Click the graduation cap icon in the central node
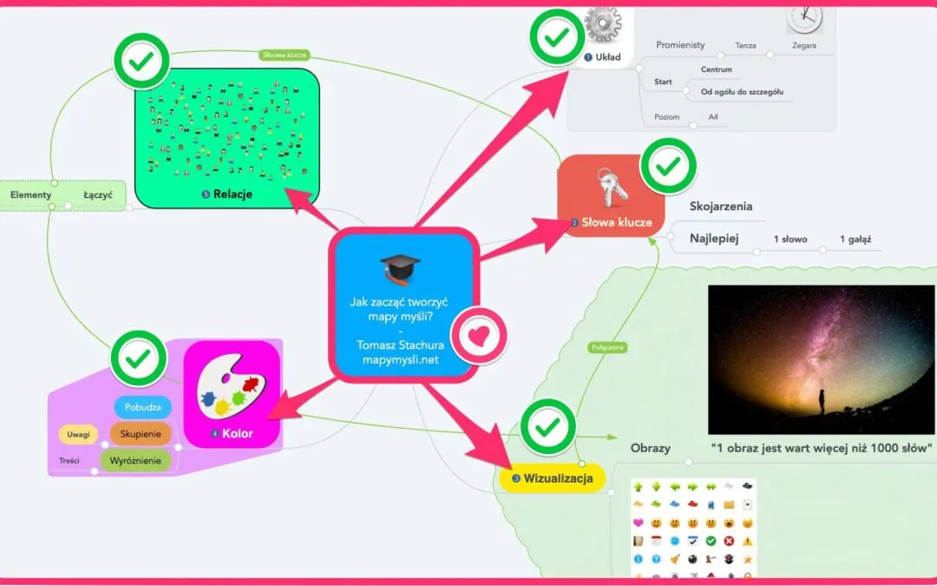tap(400, 268)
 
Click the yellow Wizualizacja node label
tap(552, 477)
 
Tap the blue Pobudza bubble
tap(142, 407)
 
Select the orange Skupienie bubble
tap(141, 434)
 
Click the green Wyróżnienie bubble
tap(135, 460)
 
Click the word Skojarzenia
tap(720, 207)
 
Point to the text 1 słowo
tap(790, 239)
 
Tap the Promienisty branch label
tap(680, 45)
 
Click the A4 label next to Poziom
tap(713, 116)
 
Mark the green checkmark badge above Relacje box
tap(141, 61)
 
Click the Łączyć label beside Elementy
tap(98, 195)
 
